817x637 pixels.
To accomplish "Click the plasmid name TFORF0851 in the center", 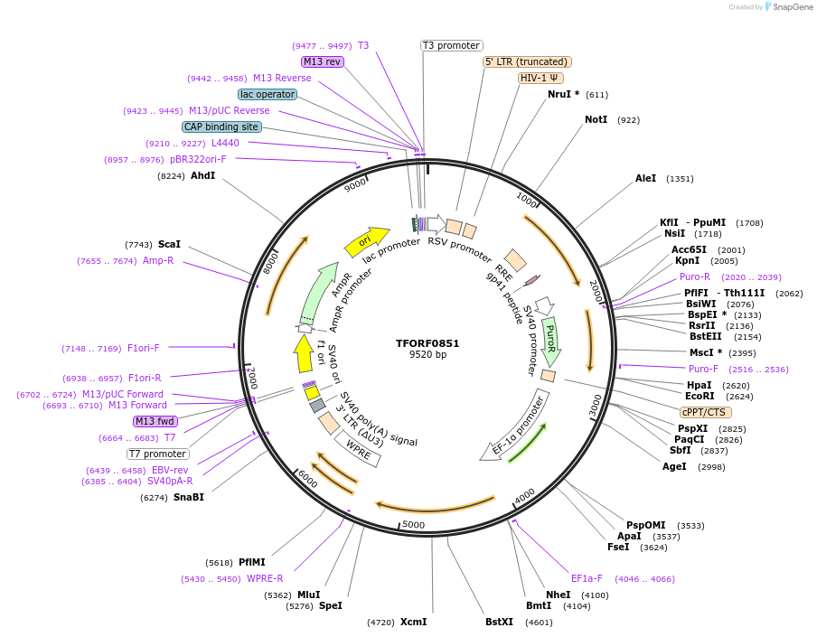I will [x=427, y=343].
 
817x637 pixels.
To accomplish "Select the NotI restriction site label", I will [x=596, y=119].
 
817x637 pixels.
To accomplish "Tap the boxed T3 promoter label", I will [x=452, y=46].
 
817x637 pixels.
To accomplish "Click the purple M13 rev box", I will [x=323, y=61].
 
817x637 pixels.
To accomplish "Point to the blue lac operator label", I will [x=268, y=94].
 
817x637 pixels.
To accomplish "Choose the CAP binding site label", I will [x=221, y=127].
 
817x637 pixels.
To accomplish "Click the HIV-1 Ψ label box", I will [x=540, y=78].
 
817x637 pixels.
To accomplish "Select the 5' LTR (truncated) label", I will [x=528, y=61].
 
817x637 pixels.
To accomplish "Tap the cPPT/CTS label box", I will [x=704, y=412].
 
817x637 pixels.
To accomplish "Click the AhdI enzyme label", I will [x=202, y=175].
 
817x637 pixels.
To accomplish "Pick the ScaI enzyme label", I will [x=169, y=244].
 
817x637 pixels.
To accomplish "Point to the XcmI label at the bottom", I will [x=413, y=622].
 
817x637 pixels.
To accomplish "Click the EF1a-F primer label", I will [x=587, y=578].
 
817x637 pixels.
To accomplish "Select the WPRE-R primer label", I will [x=265, y=578].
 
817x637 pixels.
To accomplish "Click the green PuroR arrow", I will [x=550, y=341].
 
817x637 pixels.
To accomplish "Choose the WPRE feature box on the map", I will [x=359, y=449].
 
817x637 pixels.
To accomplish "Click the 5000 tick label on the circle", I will [x=413, y=525].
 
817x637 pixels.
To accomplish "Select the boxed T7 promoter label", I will [x=157, y=454].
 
